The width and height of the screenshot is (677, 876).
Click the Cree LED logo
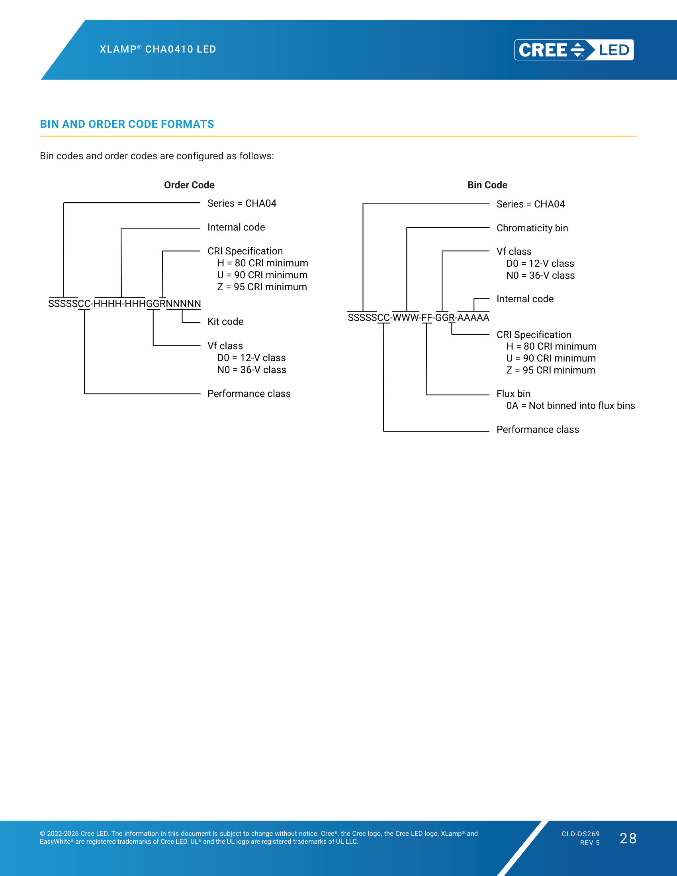click(x=574, y=50)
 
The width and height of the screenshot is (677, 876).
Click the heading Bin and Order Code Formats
click(x=127, y=124)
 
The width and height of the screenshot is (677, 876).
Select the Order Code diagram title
click(x=189, y=185)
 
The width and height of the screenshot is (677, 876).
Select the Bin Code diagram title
click(x=487, y=185)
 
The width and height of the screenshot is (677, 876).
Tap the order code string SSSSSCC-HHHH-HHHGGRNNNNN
click(x=124, y=304)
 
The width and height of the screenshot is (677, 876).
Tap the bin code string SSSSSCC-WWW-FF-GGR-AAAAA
click(x=418, y=318)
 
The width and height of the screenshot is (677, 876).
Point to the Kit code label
click(x=225, y=322)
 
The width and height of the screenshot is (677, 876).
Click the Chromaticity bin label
click(x=532, y=228)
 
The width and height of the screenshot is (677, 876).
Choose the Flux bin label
click(x=513, y=393)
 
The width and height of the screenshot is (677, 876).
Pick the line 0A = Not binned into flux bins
click(x=570, y=405)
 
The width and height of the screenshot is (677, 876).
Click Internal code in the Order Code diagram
click(x=236, y=227)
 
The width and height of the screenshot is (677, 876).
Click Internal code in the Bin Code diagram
click(x=525, y=299)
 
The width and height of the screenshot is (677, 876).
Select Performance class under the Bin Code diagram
click(x=538, y=430)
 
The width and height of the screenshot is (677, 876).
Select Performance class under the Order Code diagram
click(x=249, y=393)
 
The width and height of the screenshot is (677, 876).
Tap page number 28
click(x=628, y=838)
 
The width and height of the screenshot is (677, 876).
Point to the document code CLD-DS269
click(x=581, y=834)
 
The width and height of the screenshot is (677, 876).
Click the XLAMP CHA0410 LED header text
click(x=158, y=49)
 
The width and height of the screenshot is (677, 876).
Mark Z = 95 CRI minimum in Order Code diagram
click(x=262, y=287)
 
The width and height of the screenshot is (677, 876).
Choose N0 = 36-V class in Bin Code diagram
click(x=540, y=276)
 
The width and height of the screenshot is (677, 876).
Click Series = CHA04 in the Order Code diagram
click(x=242, y=203)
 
